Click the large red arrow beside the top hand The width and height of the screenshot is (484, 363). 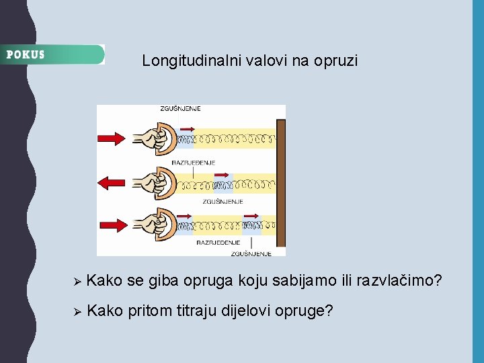(x=112, y=138)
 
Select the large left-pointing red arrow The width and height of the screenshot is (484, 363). (x=112, y=182)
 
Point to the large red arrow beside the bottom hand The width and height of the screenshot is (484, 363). (x=112, y=226)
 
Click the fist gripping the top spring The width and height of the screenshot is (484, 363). (x=153, y=138)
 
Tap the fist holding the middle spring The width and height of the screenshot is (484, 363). (x=153, y=182)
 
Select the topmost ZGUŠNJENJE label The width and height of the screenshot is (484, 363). (x=180, y=109)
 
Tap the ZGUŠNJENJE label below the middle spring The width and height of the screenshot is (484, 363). (x=223, y=201)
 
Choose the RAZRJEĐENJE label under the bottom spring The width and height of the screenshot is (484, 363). (x=218, y=242)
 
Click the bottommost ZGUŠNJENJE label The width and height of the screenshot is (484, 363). (x=251, y=253)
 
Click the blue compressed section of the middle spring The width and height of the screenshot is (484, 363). (x=223, y=183)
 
